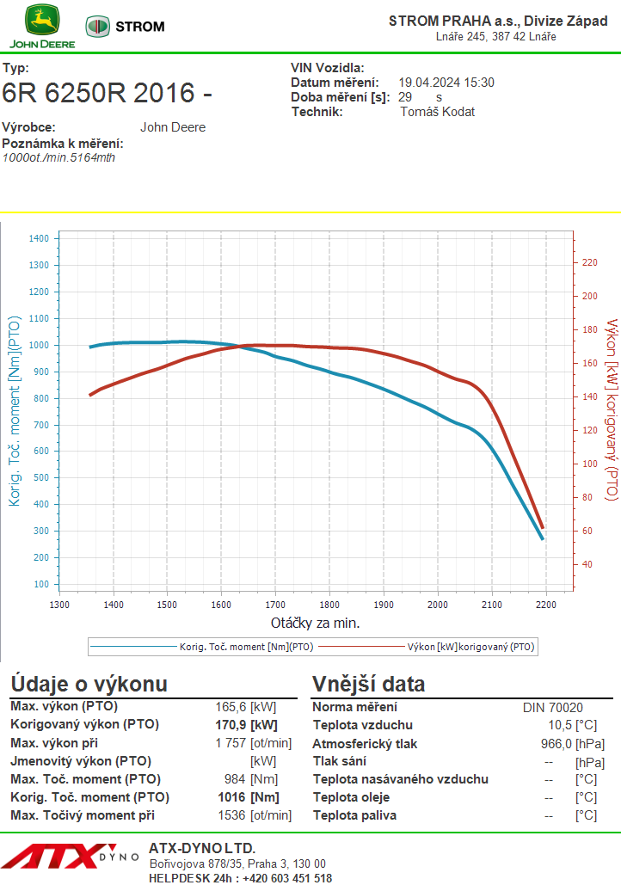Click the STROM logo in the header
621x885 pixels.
(x=125, y=27)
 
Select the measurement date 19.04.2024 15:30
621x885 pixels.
(x=446, y=83)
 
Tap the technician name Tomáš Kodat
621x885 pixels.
(x=438, y=112)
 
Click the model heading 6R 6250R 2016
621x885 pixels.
(x=108, y=93)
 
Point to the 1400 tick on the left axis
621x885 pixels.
(x=40, y=238)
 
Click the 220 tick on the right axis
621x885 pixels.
(x=590, y=262)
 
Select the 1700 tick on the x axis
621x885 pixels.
(x=275, y=605)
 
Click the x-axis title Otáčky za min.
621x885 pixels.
(x=315, y=623)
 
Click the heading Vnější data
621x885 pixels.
(x=368, y=685)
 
